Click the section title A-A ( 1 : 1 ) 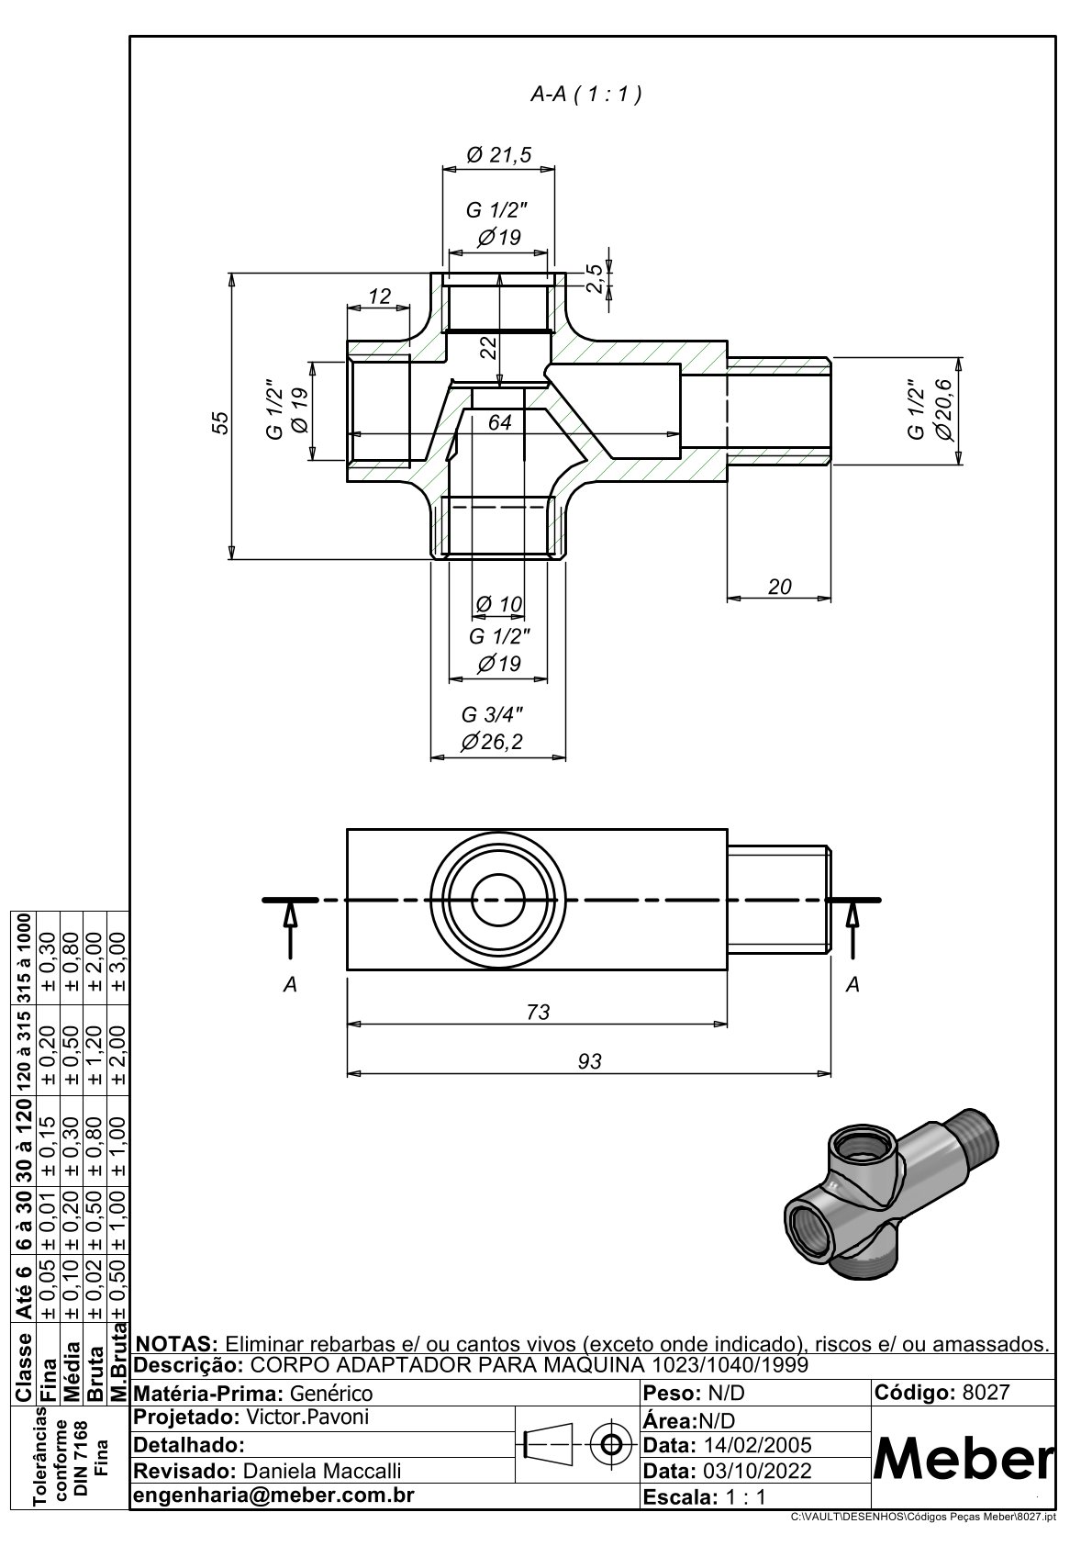[x=585, y=94]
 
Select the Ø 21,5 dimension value [x=499, y=155]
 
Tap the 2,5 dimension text [x=595, y=278]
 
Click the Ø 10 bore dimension [x=499, y=604]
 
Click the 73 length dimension [x=539, y=1012]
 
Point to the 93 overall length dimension [x=589, y=1061]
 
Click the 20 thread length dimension [x=779, y=587]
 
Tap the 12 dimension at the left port [x=379, y=297]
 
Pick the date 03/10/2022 [x=756, y=1471]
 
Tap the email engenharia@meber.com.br [x=274, y=1495]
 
